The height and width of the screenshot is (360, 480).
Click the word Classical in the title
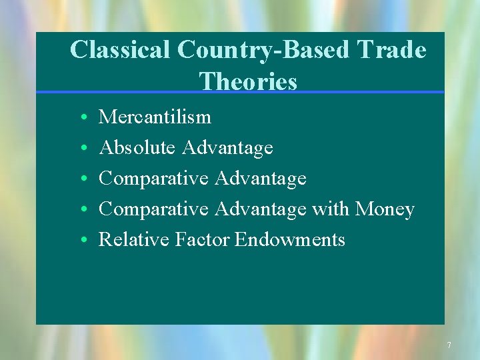click(121, 50)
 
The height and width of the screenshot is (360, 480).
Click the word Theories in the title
click(248, 81)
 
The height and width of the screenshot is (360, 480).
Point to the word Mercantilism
click(155, 117)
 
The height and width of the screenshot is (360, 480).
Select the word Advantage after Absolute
click(228, 147)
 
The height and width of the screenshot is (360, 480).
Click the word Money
click(385, 209)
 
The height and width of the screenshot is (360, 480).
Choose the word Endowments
click(290, 239)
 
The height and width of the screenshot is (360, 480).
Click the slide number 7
click(449, 345)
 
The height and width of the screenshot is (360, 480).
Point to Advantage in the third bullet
click(261, 179)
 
